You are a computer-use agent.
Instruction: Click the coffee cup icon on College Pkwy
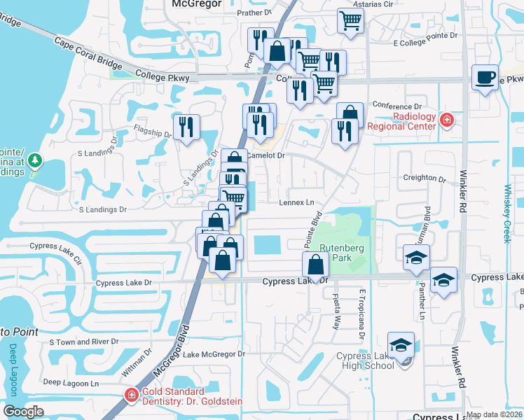[485, 77]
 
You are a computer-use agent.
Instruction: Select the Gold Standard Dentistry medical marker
[131, 395]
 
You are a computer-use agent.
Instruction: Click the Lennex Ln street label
[298, 202]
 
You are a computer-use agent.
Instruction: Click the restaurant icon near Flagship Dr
[186, 127]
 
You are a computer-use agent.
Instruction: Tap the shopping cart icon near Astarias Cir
[350, 20]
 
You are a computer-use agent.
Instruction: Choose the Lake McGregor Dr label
[214, 354]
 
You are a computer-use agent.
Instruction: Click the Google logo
[23, 412]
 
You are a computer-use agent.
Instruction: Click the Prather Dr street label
[254, 13]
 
